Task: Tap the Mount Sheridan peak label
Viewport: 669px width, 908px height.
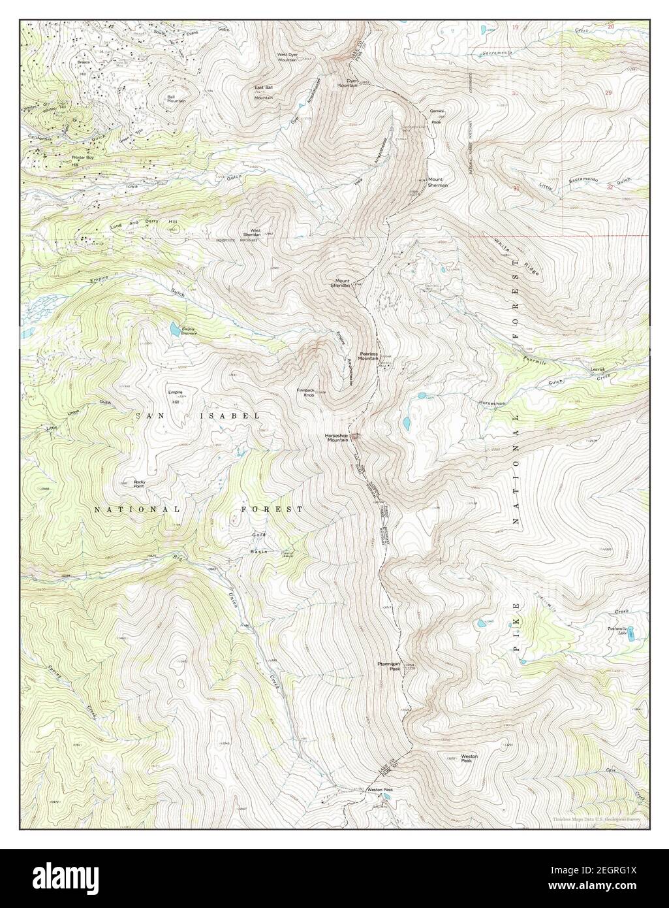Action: point(340,283)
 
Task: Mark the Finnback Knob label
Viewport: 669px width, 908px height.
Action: point(306,393)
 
